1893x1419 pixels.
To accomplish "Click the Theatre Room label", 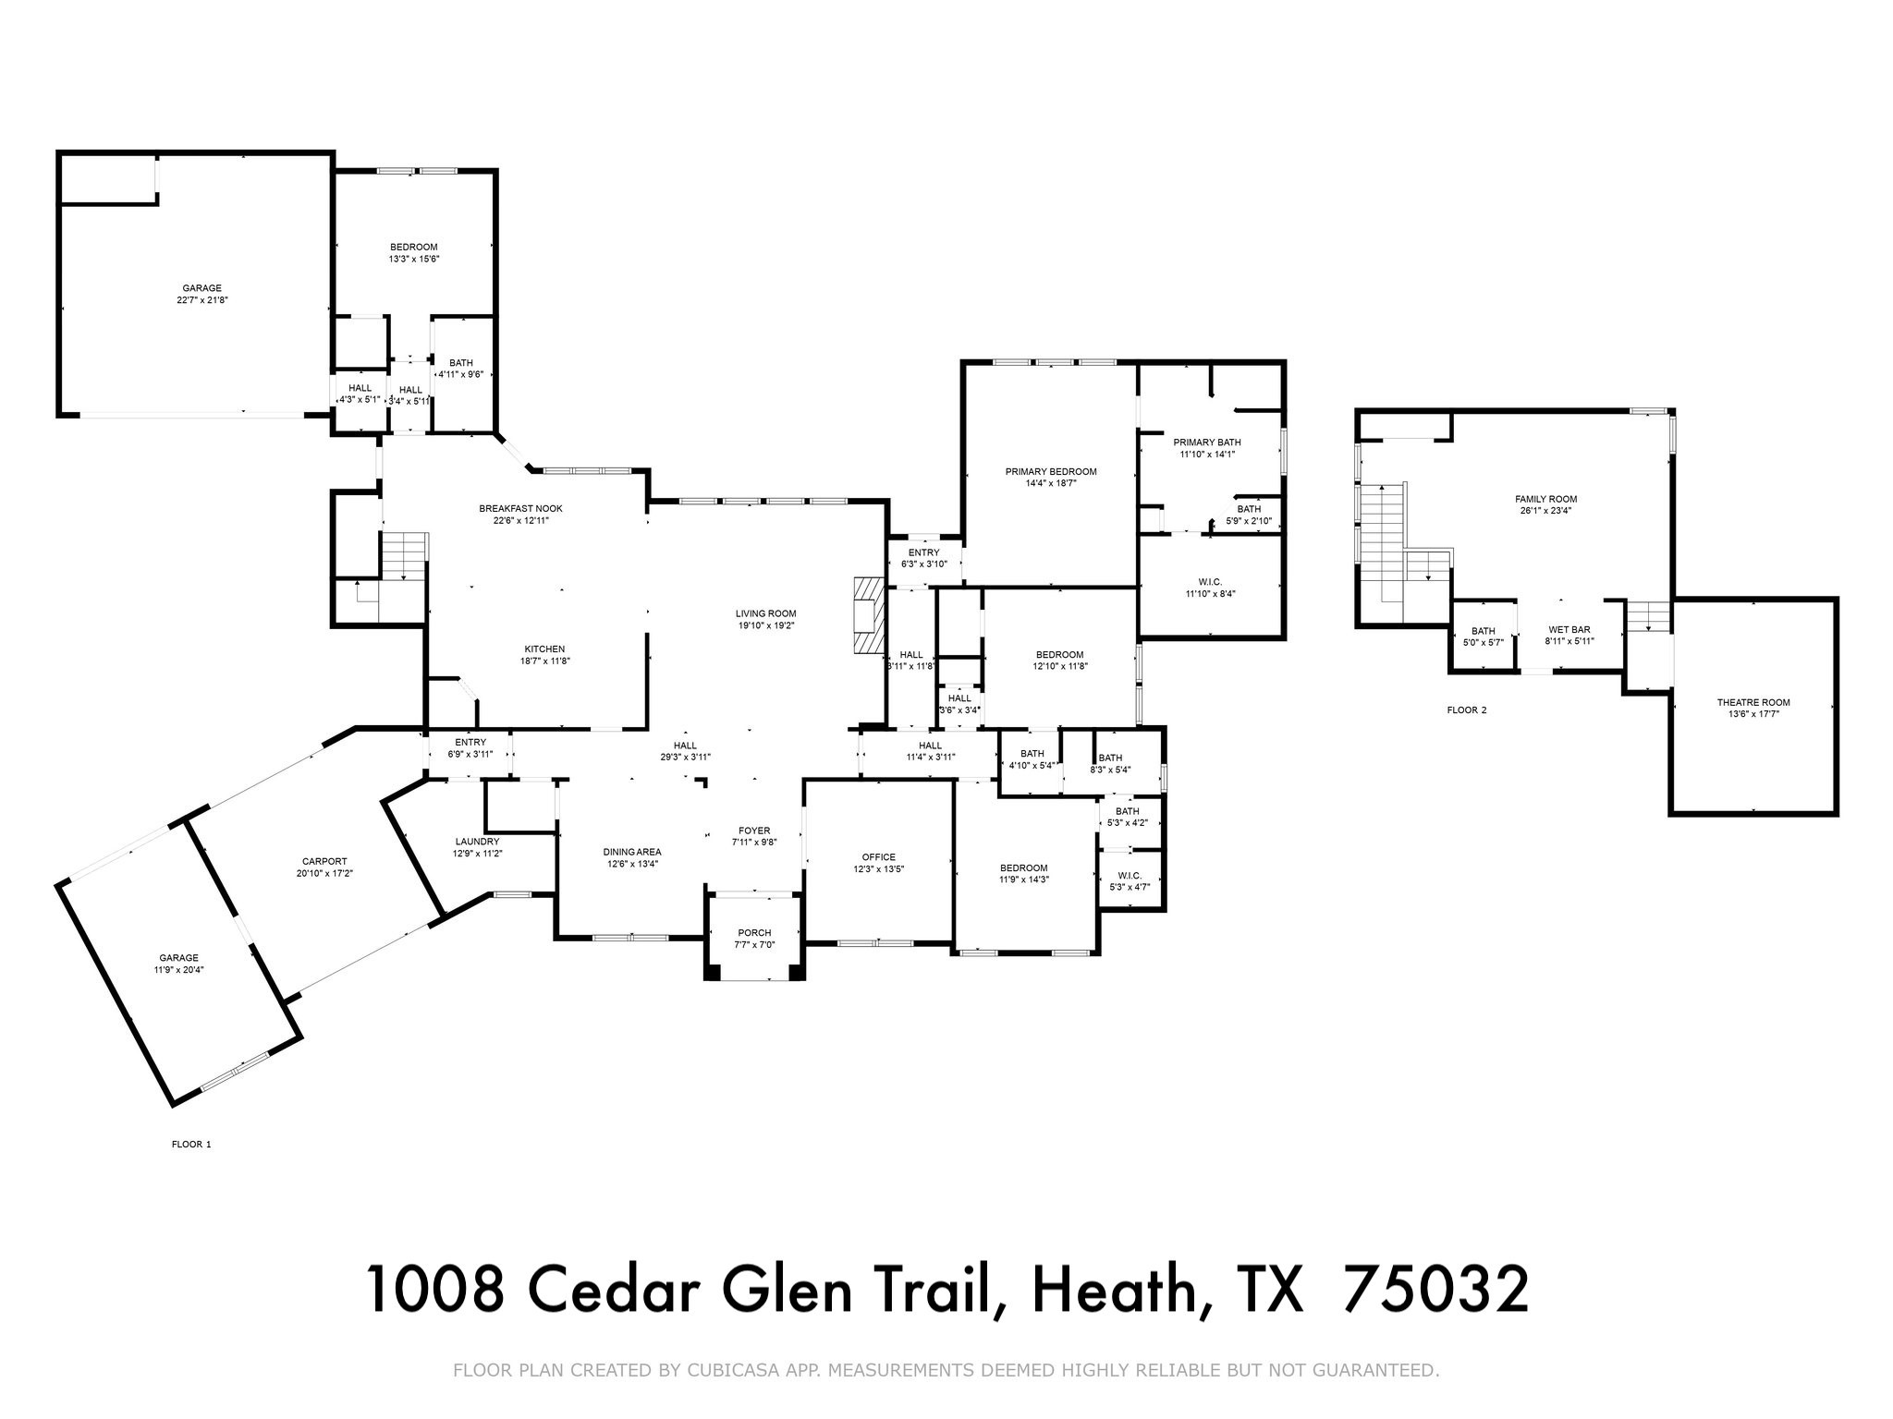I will [x=1753, y=702].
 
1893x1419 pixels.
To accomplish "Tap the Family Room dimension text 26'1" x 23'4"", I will [x=1545, y=511].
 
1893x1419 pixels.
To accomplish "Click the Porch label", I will [x=754, y=932].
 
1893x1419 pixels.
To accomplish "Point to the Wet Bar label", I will [x=1569, y=630].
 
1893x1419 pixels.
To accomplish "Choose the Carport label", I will [x=324, y=861].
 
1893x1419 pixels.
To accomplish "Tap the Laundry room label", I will [x=477, y=842].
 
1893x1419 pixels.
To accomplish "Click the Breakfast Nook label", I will [x=520, y=508].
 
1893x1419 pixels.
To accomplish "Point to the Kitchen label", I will [x=544, y=649].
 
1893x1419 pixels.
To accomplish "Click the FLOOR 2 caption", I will [x=1467, y=710].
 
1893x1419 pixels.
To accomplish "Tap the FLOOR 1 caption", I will [x=191, y=1145].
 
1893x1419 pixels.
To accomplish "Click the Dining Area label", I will [x=632, y=852].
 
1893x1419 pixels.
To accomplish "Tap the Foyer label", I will [x=754, y=831].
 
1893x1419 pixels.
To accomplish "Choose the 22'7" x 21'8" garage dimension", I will [x=202, y=300].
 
